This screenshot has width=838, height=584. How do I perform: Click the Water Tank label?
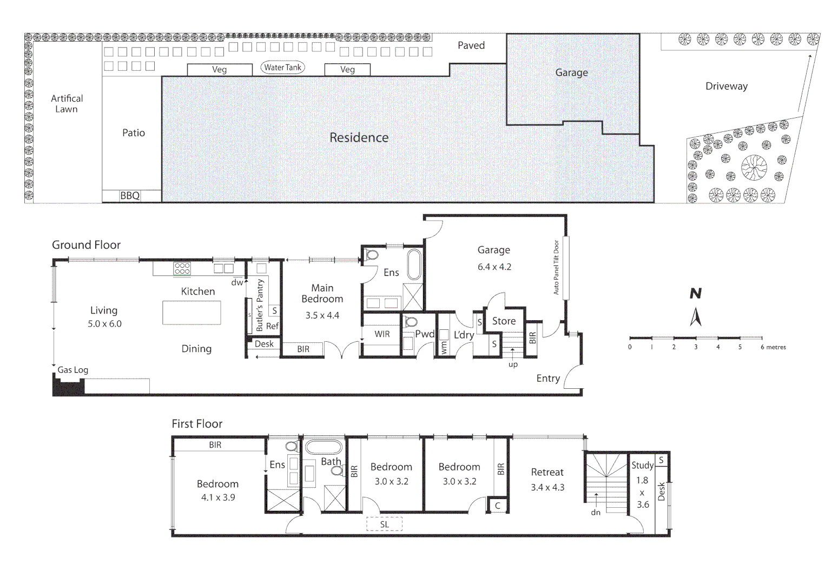(x=282, y=68)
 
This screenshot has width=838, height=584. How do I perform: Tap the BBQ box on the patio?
(x=130, y=196)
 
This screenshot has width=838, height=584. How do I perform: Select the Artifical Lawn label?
(x=67, y=103)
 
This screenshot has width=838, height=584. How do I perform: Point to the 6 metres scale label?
(x=773, y=347)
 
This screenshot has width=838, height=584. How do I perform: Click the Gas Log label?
(x=73, y=370)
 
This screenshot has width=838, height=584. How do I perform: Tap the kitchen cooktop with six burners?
(x=182, y=268)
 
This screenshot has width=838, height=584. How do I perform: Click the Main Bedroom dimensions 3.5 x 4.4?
(x=322, y=315)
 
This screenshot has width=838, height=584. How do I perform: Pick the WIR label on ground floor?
(x=382, y=334)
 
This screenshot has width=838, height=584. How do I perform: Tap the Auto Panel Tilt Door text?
(x=556, y=267)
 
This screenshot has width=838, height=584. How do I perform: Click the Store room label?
(x=504, y=321)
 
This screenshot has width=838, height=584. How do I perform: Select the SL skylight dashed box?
(x=384, y=524)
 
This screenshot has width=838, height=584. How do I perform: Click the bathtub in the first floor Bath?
(x=324, y=448)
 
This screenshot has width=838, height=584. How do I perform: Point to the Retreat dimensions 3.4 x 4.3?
(x=547, y=487)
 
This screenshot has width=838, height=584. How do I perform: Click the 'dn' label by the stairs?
(x=596, y=513)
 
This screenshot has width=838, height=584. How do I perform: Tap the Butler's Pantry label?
(x=260, y=305)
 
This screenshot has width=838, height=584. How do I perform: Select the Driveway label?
(x=726, y=87)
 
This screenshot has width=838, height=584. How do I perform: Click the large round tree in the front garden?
(x=754, y=168)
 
